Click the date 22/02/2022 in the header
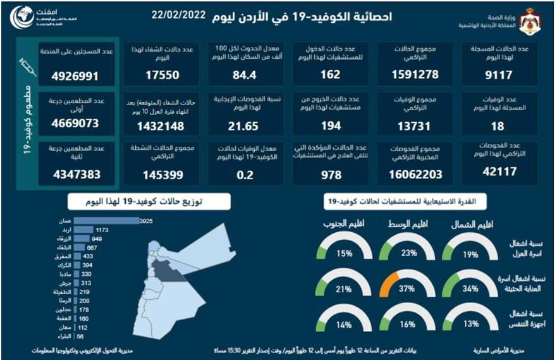[x=179, y=15]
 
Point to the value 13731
[x=416, y=125]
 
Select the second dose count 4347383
[x=77, y=172]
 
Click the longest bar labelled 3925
[x=106, y=220]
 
